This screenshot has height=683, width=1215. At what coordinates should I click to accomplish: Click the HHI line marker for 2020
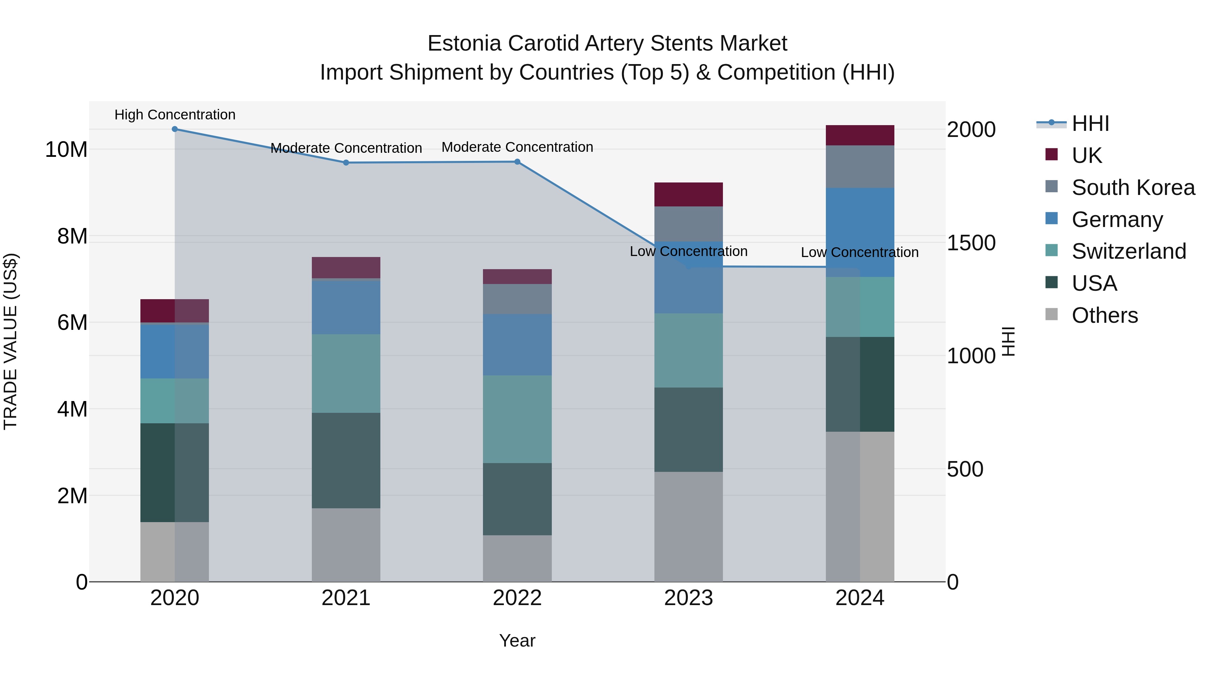[x=174, y=129]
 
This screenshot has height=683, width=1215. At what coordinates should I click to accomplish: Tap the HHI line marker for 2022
[x=517, y=162]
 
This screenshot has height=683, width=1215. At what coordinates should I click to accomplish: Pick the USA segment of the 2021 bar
[x=346, y=460]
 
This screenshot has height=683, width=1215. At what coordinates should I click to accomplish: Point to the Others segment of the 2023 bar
[x=688, y=527]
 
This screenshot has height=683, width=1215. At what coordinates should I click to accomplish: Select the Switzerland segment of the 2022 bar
[x=517, y=419]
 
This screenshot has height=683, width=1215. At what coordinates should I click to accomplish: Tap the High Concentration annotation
[x=174, y=115]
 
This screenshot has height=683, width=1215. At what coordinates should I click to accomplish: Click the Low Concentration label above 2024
[x=859, y=252]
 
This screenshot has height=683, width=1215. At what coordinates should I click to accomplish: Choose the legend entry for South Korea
[x=1133, y=188]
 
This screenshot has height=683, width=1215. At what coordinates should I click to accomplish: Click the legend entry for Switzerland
[x=1128, y=251]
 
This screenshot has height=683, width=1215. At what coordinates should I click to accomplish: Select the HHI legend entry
[x=1090, y=123]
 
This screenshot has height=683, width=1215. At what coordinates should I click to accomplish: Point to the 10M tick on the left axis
[x=66, y=149]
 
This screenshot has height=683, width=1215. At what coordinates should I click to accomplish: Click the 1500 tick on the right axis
[x=971, y=243]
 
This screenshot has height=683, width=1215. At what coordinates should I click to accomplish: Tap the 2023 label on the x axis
[x=688, y=598]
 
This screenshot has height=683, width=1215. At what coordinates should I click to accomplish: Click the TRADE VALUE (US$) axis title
[x=10, y=341]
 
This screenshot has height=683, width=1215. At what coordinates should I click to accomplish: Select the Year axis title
[x=517, y=641]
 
